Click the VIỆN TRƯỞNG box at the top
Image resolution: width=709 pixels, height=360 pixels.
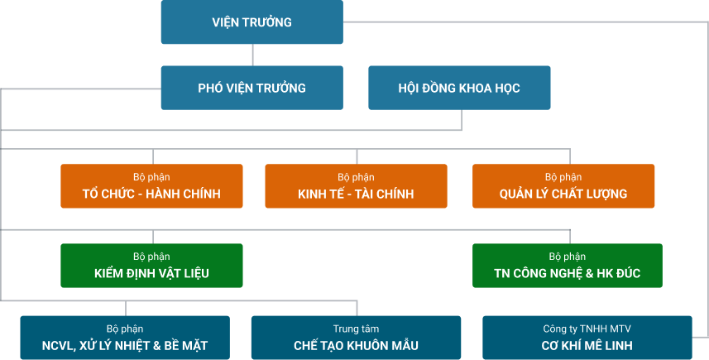tap(252, 22)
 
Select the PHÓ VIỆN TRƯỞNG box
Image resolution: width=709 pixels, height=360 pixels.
tap(252, 88)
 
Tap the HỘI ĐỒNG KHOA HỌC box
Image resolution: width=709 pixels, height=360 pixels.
tap(459, 88)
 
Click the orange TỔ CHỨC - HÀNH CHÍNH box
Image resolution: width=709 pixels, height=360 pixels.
tap(151, 186)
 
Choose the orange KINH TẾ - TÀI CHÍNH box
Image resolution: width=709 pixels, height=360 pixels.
tap(356, 186)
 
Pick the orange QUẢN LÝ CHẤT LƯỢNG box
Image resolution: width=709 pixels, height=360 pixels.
tap(563, 186)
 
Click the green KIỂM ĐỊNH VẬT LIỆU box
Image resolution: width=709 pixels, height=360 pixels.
tap(151, 266)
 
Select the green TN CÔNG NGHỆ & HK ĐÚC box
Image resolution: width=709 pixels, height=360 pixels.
tap(567, 266)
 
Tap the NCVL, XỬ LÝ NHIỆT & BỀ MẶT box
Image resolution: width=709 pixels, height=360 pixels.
tap(125, 338)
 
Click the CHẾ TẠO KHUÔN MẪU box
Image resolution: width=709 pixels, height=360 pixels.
tap(356, 338)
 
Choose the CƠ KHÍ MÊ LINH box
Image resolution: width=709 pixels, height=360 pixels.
tap(587, 338)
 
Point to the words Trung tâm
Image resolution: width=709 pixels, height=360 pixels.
tap(356, 329)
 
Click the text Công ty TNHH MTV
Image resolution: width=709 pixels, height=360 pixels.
tap(587, 329)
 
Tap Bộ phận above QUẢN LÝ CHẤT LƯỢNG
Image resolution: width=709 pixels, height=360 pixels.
tap(563, 177)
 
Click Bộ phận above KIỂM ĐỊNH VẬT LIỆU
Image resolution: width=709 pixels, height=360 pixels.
tap(151, 257)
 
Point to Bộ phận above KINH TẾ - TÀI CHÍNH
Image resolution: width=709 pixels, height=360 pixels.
tap(356, 177)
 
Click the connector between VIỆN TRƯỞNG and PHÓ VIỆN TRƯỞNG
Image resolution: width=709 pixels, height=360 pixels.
tap(252, 55)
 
